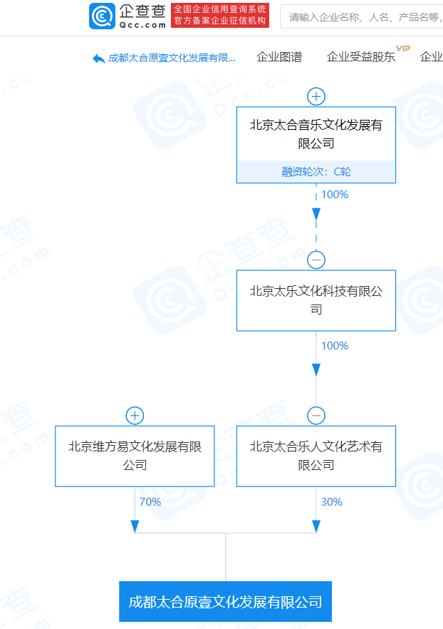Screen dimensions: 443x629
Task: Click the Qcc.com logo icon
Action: [102, 16]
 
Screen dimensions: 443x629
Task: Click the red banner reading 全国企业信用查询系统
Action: [220, 15]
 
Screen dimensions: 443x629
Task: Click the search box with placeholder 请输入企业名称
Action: [361, 17]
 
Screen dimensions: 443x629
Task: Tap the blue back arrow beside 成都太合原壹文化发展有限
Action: [98, 58]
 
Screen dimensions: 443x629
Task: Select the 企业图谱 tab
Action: [279, 57]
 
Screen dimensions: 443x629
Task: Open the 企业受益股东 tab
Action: [361, 57]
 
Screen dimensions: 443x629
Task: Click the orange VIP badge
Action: [403, 48]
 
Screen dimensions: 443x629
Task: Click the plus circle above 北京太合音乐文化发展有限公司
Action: [316, 97]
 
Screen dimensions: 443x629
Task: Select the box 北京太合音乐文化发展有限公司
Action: [316, 145]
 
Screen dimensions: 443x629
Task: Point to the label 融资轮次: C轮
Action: [316, 172]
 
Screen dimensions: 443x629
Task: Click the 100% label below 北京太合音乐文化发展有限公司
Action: [335, 195]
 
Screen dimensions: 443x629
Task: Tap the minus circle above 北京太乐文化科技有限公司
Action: [316, 260]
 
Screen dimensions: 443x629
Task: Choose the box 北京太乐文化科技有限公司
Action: [316, 300]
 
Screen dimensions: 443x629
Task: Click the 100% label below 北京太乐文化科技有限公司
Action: [335, 346]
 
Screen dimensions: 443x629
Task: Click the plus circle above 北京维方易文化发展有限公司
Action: [135, 416]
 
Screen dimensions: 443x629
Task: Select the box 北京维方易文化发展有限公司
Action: [135, 456]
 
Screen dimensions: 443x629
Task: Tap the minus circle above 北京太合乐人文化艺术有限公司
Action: [316, 416]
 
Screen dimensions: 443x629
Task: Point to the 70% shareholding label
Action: [150, 502]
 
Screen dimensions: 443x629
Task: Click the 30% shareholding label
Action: [331, 502]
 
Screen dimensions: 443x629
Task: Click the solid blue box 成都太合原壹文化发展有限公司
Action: [226, 601]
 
